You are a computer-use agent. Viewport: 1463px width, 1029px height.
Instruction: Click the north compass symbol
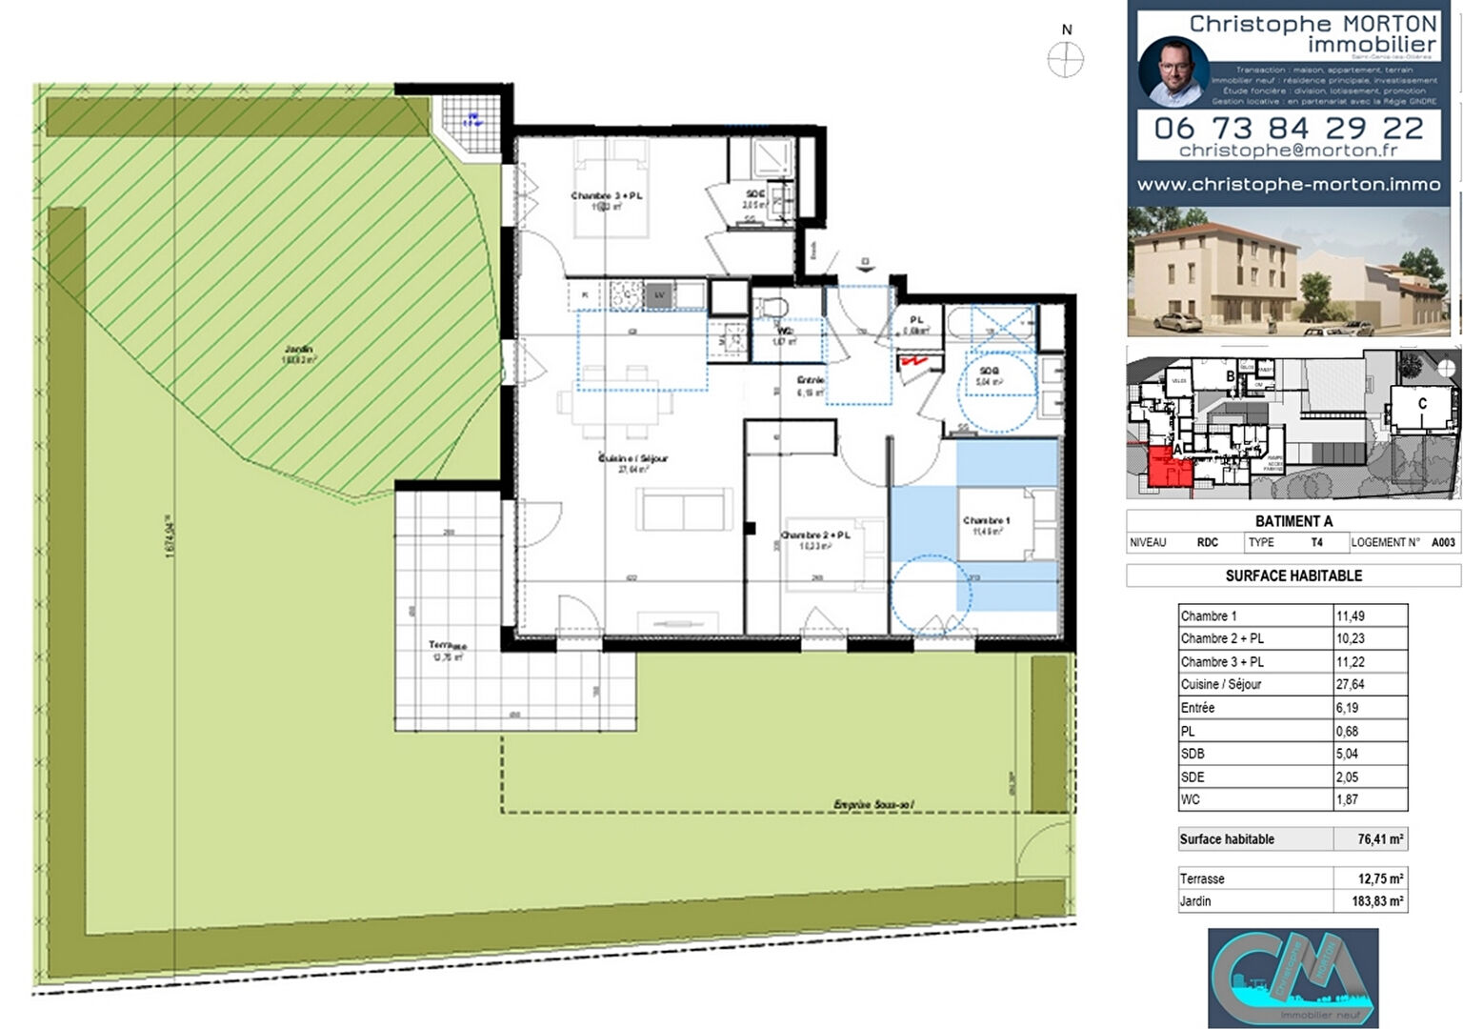1066,59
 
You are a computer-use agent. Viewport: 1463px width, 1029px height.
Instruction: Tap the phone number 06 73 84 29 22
1289,128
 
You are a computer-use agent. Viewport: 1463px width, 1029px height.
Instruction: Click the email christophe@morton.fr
1289,151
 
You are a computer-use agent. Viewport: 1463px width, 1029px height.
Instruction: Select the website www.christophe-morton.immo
1289,185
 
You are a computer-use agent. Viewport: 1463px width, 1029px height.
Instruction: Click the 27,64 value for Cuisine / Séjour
1350,684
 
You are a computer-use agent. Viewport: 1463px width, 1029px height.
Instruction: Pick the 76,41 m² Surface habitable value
1380,839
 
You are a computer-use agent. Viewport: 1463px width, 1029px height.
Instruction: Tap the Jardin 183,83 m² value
1380,900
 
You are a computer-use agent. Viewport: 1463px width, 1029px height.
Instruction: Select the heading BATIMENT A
1293,521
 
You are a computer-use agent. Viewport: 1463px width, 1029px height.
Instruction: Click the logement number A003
1442,542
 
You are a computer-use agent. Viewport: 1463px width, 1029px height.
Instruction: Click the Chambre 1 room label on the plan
986,521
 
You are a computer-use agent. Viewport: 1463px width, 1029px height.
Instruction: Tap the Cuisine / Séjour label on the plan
632,458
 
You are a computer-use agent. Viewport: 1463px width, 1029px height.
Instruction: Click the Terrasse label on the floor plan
447,646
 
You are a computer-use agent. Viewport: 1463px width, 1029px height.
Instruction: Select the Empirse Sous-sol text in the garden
873,805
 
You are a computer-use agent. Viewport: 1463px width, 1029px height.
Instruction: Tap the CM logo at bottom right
1293,977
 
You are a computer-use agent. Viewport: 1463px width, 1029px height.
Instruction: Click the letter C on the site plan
1422,404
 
